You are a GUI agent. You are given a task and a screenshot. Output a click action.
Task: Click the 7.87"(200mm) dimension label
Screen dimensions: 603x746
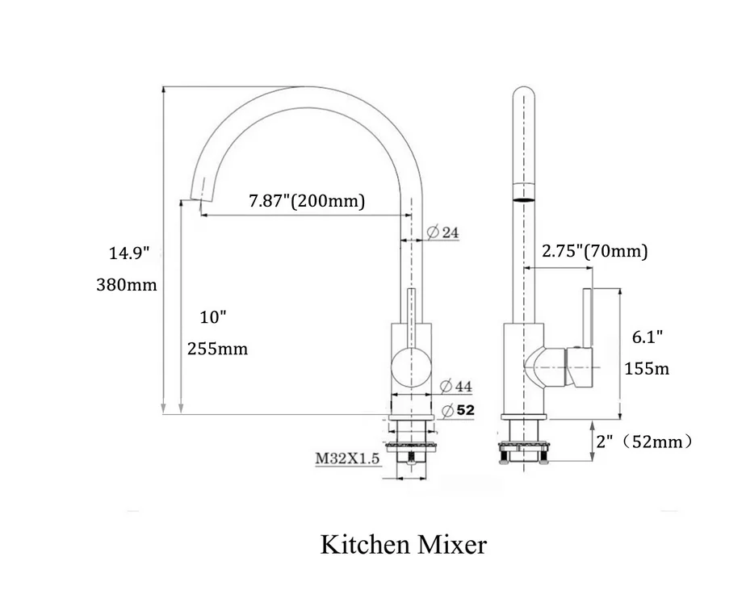pos(307,201)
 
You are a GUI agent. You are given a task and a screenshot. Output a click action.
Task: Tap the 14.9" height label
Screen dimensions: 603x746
pos(131,253)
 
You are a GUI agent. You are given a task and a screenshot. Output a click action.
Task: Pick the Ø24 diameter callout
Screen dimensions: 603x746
pos(442,232)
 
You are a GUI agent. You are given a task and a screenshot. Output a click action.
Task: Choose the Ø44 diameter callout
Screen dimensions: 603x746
pos(457,386)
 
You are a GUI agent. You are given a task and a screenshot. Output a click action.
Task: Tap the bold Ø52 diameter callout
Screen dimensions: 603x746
pos(458,410)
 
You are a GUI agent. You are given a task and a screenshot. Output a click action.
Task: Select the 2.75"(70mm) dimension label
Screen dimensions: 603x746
pos(595,251)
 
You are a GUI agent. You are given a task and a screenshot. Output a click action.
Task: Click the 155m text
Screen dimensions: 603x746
pos(647,369)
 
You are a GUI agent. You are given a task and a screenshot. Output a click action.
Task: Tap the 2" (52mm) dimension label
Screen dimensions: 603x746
pos(643,442)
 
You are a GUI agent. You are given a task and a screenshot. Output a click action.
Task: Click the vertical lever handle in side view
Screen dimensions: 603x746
pos(587,319)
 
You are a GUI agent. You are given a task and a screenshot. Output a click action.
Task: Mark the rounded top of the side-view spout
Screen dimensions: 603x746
pos(524,90)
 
